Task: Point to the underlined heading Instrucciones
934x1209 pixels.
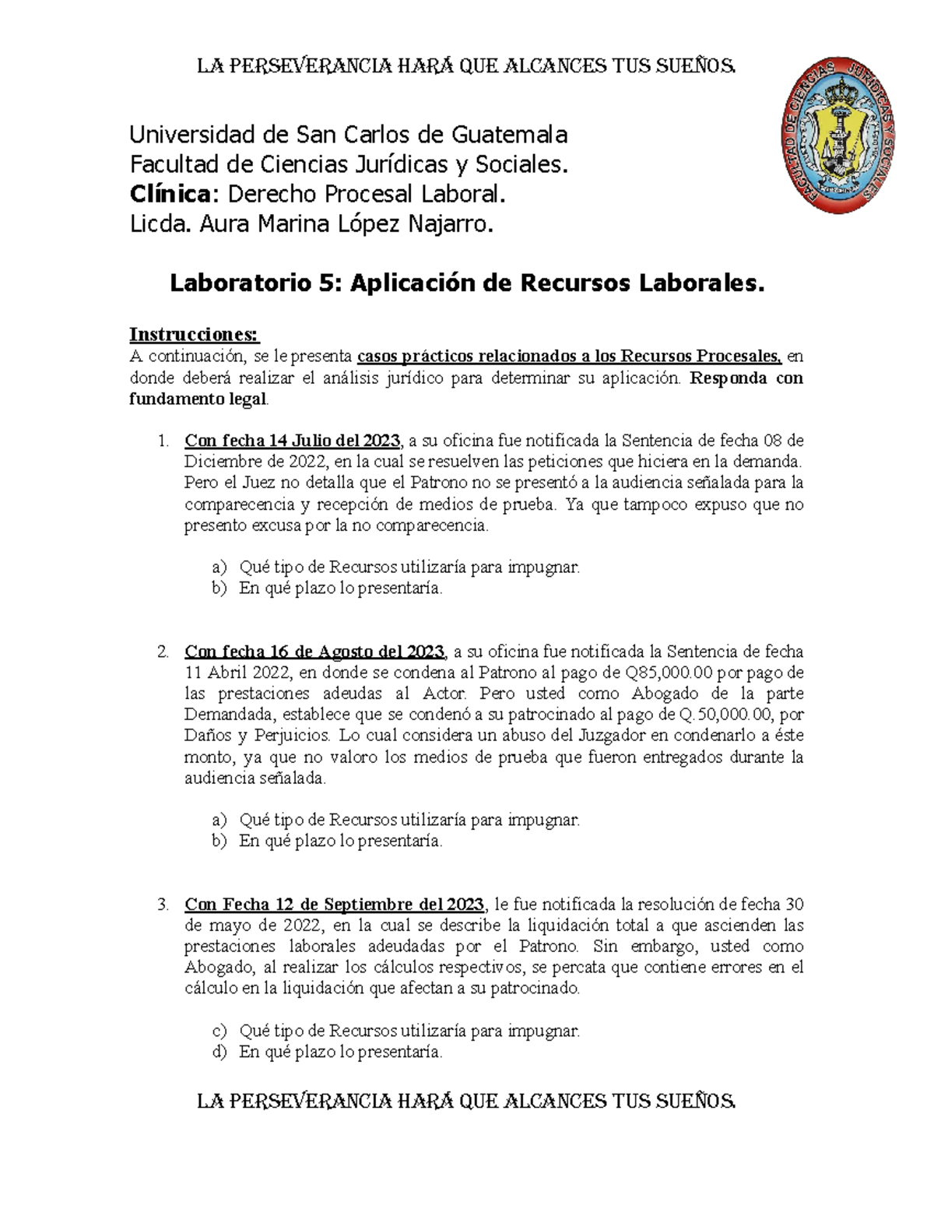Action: point(194,335)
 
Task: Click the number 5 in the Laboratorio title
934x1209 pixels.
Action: point(325,283)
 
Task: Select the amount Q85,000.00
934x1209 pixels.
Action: point(669,673)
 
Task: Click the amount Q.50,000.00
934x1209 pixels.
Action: point(727,715)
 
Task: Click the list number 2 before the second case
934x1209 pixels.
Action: point(163,652)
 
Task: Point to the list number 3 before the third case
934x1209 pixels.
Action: point(163,905)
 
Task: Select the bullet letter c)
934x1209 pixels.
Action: point(219,1032)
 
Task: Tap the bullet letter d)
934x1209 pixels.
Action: point(219,1053)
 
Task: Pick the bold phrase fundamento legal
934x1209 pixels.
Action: point(198,399)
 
